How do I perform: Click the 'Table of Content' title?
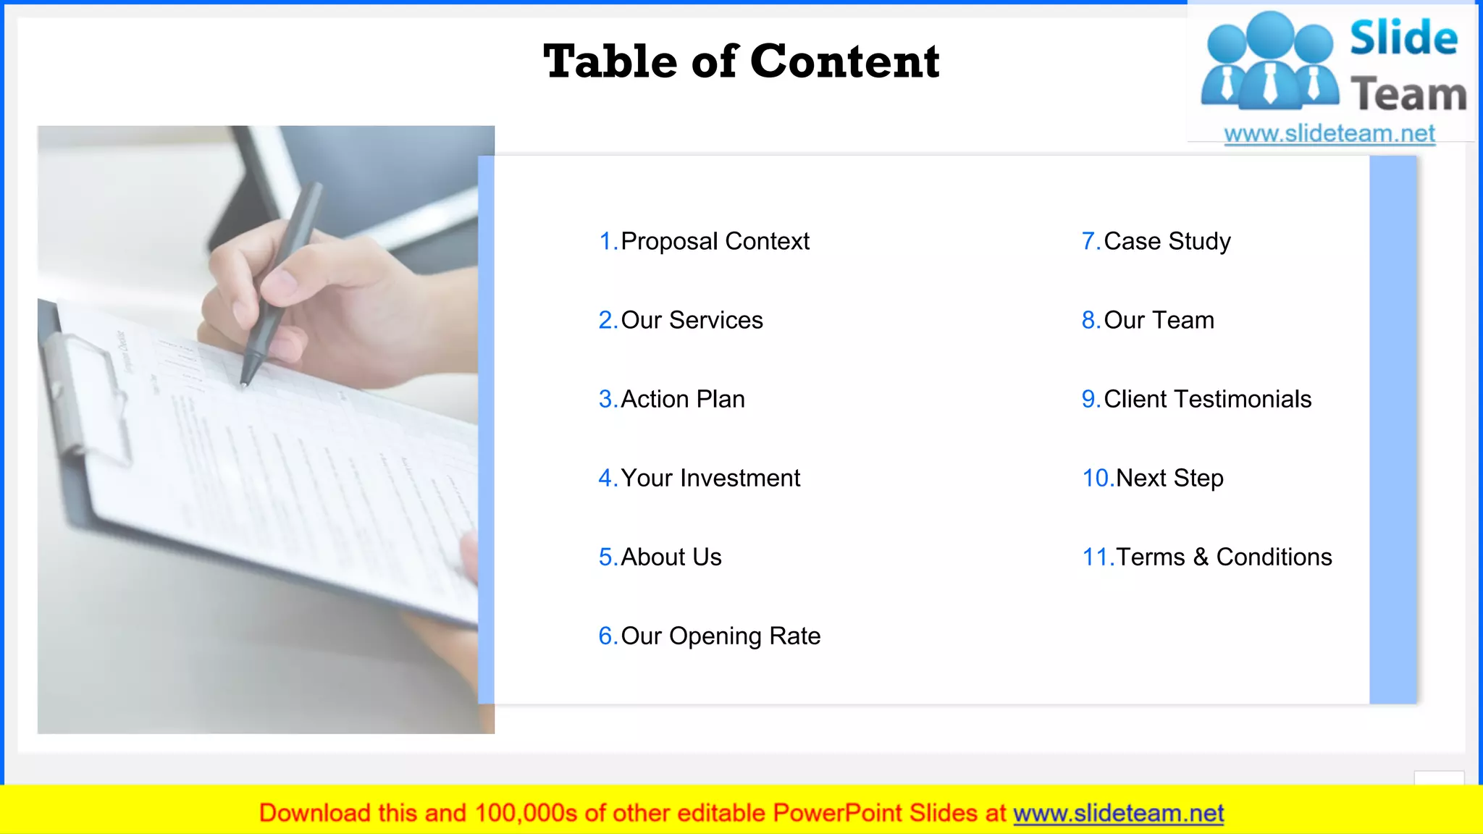point(741,62)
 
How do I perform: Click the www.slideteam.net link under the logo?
point(1329,134)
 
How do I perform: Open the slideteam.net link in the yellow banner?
point(1118,813)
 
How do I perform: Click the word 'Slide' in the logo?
point(1403,38)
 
